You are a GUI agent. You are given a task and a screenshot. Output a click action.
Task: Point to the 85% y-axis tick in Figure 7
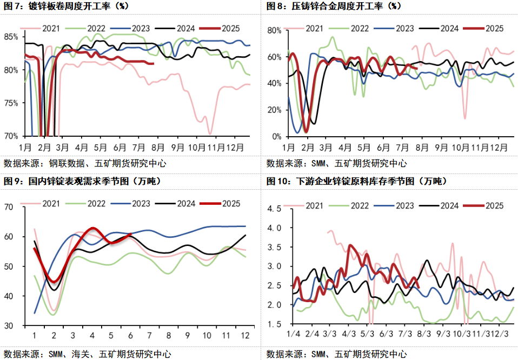point(11,37)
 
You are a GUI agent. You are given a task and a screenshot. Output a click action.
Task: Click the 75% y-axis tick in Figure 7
point(11,103)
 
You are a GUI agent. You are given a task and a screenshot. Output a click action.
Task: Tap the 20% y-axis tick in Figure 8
point(275,110)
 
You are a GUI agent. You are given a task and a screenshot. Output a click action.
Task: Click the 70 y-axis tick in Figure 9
point(10,206)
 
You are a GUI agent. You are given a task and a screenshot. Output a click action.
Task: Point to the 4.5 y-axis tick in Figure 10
point(275,209)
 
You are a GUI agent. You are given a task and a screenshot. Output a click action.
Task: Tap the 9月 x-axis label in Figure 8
point(442,147)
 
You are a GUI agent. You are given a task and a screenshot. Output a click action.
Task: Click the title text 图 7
point(14,6)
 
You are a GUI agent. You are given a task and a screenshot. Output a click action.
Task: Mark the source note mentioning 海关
point(87,354)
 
